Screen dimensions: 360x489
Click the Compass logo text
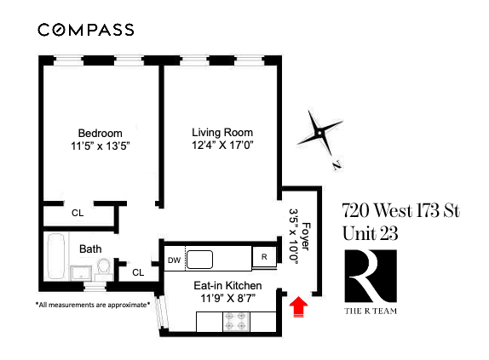click(x=86, y=30)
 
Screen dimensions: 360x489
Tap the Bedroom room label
click(x=101, y=133)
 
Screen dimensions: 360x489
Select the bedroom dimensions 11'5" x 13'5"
click(x=101, y=146)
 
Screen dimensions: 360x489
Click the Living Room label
click(x=221, y=133)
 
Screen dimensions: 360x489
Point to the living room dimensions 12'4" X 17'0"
click(x=221, y=146)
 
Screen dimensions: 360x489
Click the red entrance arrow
click(x=297, y=306)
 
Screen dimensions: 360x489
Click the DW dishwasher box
click(x=173, y=260)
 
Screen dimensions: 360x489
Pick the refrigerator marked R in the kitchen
click(x=265, y=257)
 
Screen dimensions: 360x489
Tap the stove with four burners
click(x=234, y=323)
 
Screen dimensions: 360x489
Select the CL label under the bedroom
click(x=78, y=214)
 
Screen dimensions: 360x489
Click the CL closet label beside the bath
click(x=138, y=272)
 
